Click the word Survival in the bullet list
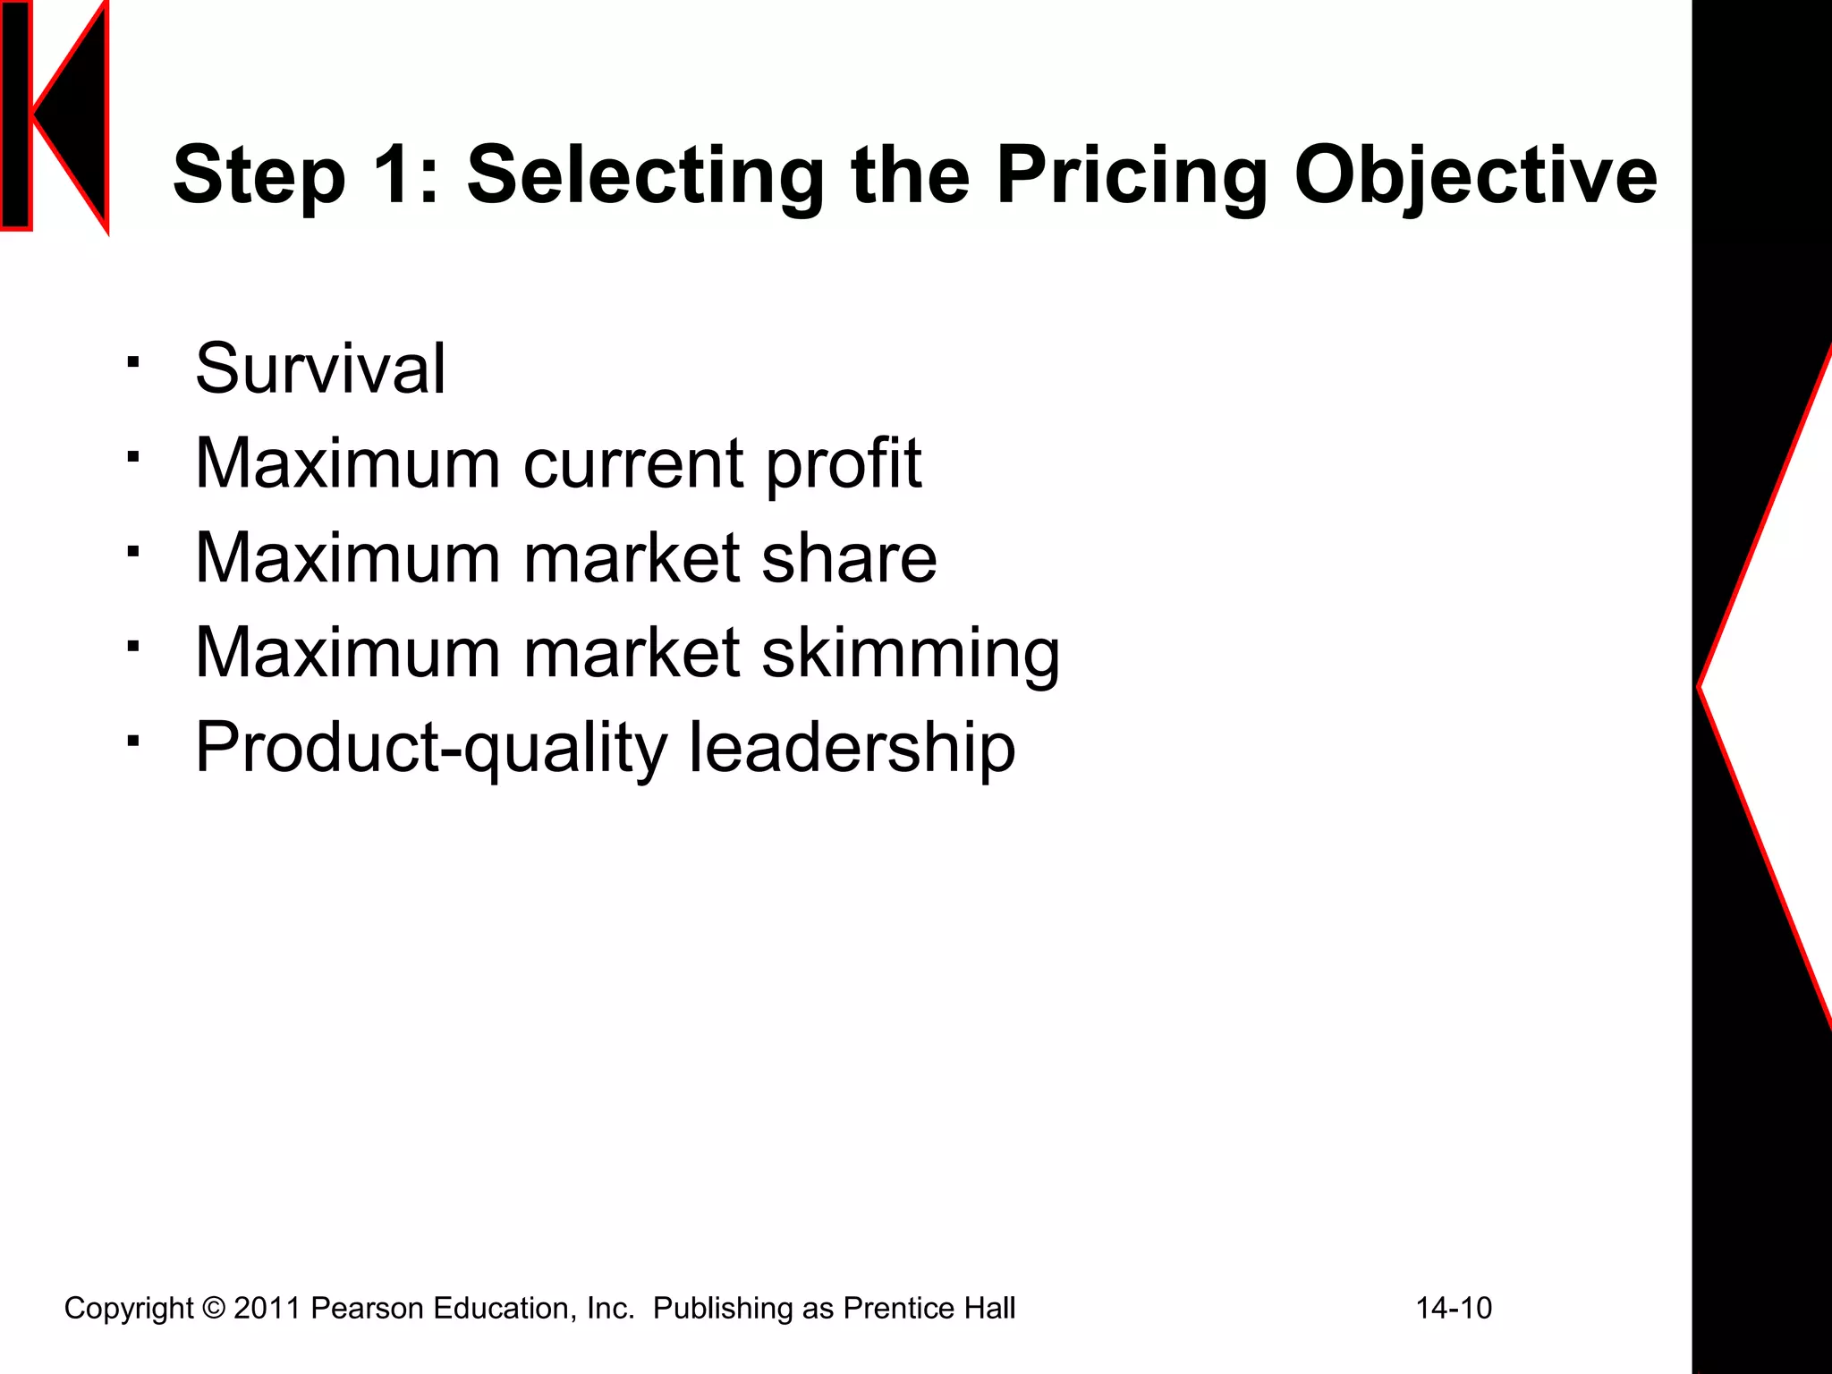(320, 369)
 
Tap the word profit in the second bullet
(844, 463)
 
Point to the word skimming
(911, 653)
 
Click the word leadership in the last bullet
(851, 748)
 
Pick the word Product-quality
(431, 748)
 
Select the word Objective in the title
(1475, 175)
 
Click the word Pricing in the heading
(1132, 175)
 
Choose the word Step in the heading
(259, 175)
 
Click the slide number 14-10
(1454, 1309)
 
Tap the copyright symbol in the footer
(214, 1309)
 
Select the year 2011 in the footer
(267, 1309)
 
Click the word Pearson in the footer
(367, 1309)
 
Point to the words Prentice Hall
(929, 1309)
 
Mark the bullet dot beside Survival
(133, 362)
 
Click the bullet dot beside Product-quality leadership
(133, 741)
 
